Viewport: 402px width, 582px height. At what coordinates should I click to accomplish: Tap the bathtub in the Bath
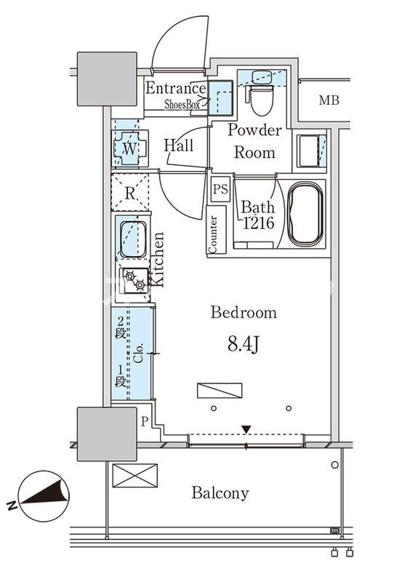coord(305,214)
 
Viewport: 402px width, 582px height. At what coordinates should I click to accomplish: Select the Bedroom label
coord(244,313)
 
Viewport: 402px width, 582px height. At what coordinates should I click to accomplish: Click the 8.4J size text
coord(244,345)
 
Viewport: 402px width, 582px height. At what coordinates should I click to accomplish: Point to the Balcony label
coord(220,493)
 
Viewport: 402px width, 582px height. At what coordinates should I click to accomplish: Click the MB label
coord(329,100)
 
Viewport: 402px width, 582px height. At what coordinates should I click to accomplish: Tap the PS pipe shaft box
coord(220,189)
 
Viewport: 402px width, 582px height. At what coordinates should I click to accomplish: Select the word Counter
coord(213,234)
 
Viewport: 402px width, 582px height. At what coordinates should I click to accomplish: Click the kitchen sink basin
coord(133,239)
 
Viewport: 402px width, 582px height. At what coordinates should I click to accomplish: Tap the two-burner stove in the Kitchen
coord(134,281)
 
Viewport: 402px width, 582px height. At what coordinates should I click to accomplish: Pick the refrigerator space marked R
coord(130,192)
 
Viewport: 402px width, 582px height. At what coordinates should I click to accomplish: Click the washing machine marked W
coord(129,148)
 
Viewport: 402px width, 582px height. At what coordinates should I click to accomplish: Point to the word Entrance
coord(176,88)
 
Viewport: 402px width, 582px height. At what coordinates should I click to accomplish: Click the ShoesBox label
coord(182,104)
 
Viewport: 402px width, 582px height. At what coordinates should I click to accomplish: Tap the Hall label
coord(179,145)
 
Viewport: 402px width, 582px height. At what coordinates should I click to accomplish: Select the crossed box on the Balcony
coord(134,476)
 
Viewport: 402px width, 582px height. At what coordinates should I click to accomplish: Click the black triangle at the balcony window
coord(246,429)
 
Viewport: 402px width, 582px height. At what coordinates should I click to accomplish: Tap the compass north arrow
coord(45,495)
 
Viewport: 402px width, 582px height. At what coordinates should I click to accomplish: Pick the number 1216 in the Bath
coord(259,223)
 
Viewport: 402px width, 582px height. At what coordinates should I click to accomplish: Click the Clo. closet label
coord(139,354)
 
